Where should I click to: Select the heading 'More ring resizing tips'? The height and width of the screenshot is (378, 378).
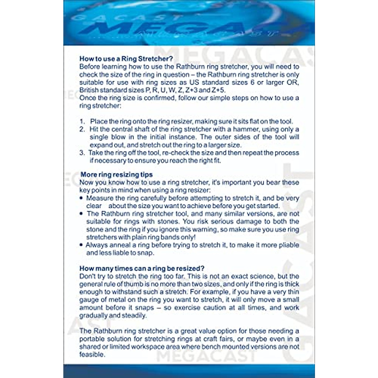pyautogui.click(x=117, y=175)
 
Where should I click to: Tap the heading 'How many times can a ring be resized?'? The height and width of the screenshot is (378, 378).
pyautogui.click(x=142, y=268)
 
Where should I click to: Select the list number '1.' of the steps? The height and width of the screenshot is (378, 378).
pyautogui.click(x=82, y=121)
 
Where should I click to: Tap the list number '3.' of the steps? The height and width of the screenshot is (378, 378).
pyautogui.click(x=82, y=153)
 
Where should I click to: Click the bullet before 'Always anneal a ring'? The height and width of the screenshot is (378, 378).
pyautogui.click(x=82, y=245)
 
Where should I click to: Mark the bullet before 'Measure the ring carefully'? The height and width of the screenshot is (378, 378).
pyautogui.click(x=82, y=198)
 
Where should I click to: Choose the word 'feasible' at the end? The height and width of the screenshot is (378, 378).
pyautogui.click(x=91, y=355)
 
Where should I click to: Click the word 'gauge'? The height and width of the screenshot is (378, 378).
pyautogui.click(x=89, y=300)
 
